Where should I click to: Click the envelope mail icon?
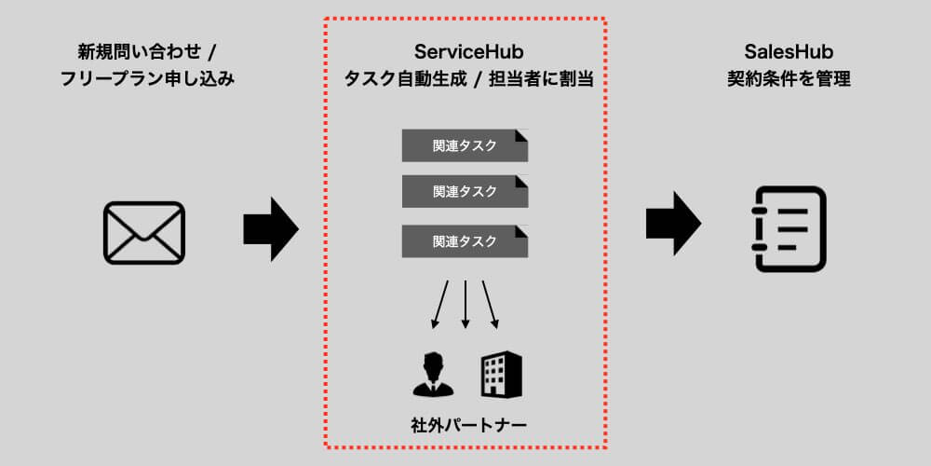[x=143, y=232]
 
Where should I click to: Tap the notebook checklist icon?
[x=789, y=229]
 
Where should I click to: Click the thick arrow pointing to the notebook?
[x=672, y=224]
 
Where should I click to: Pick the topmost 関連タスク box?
[x=465, y=145]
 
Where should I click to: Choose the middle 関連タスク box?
[x=465, y=192]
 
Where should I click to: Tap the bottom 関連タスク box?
[x=465, y=241]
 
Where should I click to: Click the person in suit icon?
[x=431, y=374]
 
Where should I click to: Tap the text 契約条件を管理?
[x=789, y=79]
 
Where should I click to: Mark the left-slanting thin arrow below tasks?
[x=439, y=304]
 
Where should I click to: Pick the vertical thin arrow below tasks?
[x=465, y=304]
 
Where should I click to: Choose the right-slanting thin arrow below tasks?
[x=490, y=304]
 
